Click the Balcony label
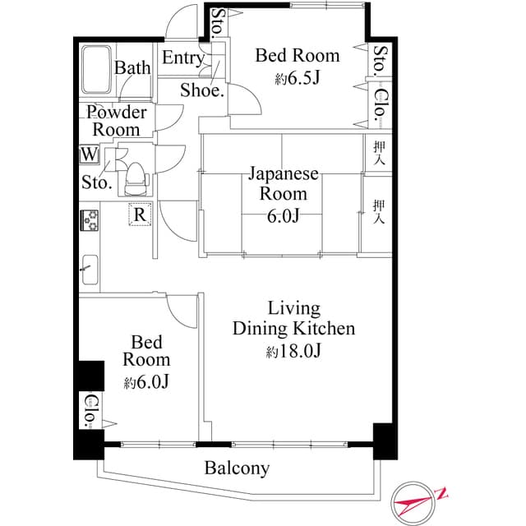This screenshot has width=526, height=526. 237,468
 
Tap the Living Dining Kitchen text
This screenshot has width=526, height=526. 293,319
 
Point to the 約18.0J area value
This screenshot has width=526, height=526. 293,352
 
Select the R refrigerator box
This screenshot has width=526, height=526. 141,215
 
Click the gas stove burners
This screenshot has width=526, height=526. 89,220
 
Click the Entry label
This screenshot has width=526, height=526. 182,58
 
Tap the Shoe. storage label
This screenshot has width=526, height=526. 202,90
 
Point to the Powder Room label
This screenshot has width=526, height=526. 116,121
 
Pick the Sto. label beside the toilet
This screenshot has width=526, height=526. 96,183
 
